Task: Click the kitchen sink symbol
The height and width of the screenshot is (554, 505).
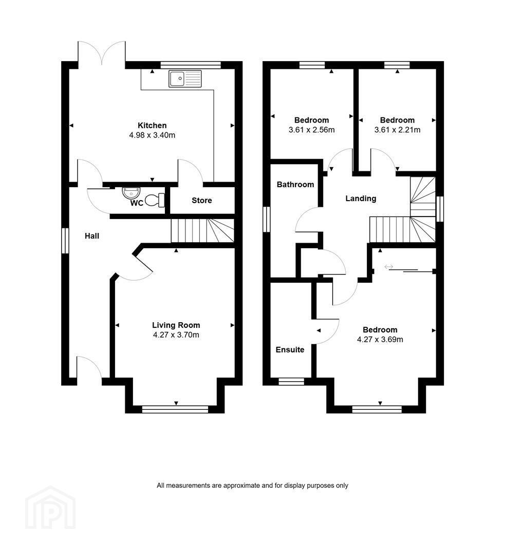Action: [185, 79]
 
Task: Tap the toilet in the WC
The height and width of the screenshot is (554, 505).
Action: [155, 200]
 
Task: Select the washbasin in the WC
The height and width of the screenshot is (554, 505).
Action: [132, 192]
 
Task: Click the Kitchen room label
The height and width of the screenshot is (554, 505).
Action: [152, 125]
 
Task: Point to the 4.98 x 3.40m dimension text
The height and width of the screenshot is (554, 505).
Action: [152, 135]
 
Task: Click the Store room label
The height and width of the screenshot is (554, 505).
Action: [202, 201]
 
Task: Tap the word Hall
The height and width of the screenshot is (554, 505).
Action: [92, 236]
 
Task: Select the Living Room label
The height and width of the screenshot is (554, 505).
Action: [176, 325]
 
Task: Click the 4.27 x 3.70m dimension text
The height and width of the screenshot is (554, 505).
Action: [176, 334]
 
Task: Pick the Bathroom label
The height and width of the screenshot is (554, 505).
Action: [295, 185]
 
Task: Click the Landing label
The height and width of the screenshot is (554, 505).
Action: [361, 199]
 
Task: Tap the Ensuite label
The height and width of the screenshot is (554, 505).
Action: [290, 349]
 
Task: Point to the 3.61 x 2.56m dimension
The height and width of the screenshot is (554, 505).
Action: [311, 130]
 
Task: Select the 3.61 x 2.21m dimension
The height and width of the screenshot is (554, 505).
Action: [398, 130]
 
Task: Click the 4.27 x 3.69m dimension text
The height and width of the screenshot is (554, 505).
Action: [380, 339]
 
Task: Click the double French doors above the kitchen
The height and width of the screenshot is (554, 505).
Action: [102, 53]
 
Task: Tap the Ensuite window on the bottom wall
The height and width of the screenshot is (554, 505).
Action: [291, 382]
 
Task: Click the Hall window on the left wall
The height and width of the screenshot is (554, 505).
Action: [65, 241]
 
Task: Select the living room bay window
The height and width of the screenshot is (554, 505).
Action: [175, 409]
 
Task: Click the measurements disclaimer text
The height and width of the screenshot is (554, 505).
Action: [252, 485]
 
